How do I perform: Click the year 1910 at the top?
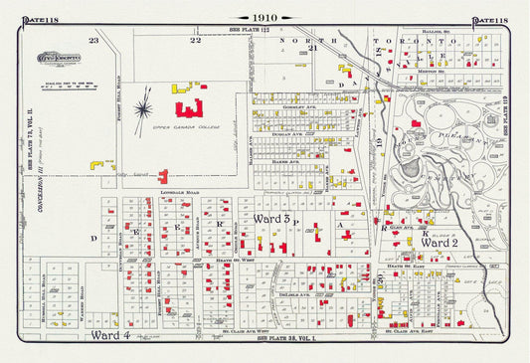pyautogui.click(x=264, y=17)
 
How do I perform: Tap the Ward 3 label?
pyautogui.click(x=271, y=218)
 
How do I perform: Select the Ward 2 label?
pyautogui.click(x=439, y=242)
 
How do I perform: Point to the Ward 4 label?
pyautogui.click(x=111, y=335)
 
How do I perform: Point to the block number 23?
pyautogui.click(x=93, y=40)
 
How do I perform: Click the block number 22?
pyautogui.click(x=196, y=40)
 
